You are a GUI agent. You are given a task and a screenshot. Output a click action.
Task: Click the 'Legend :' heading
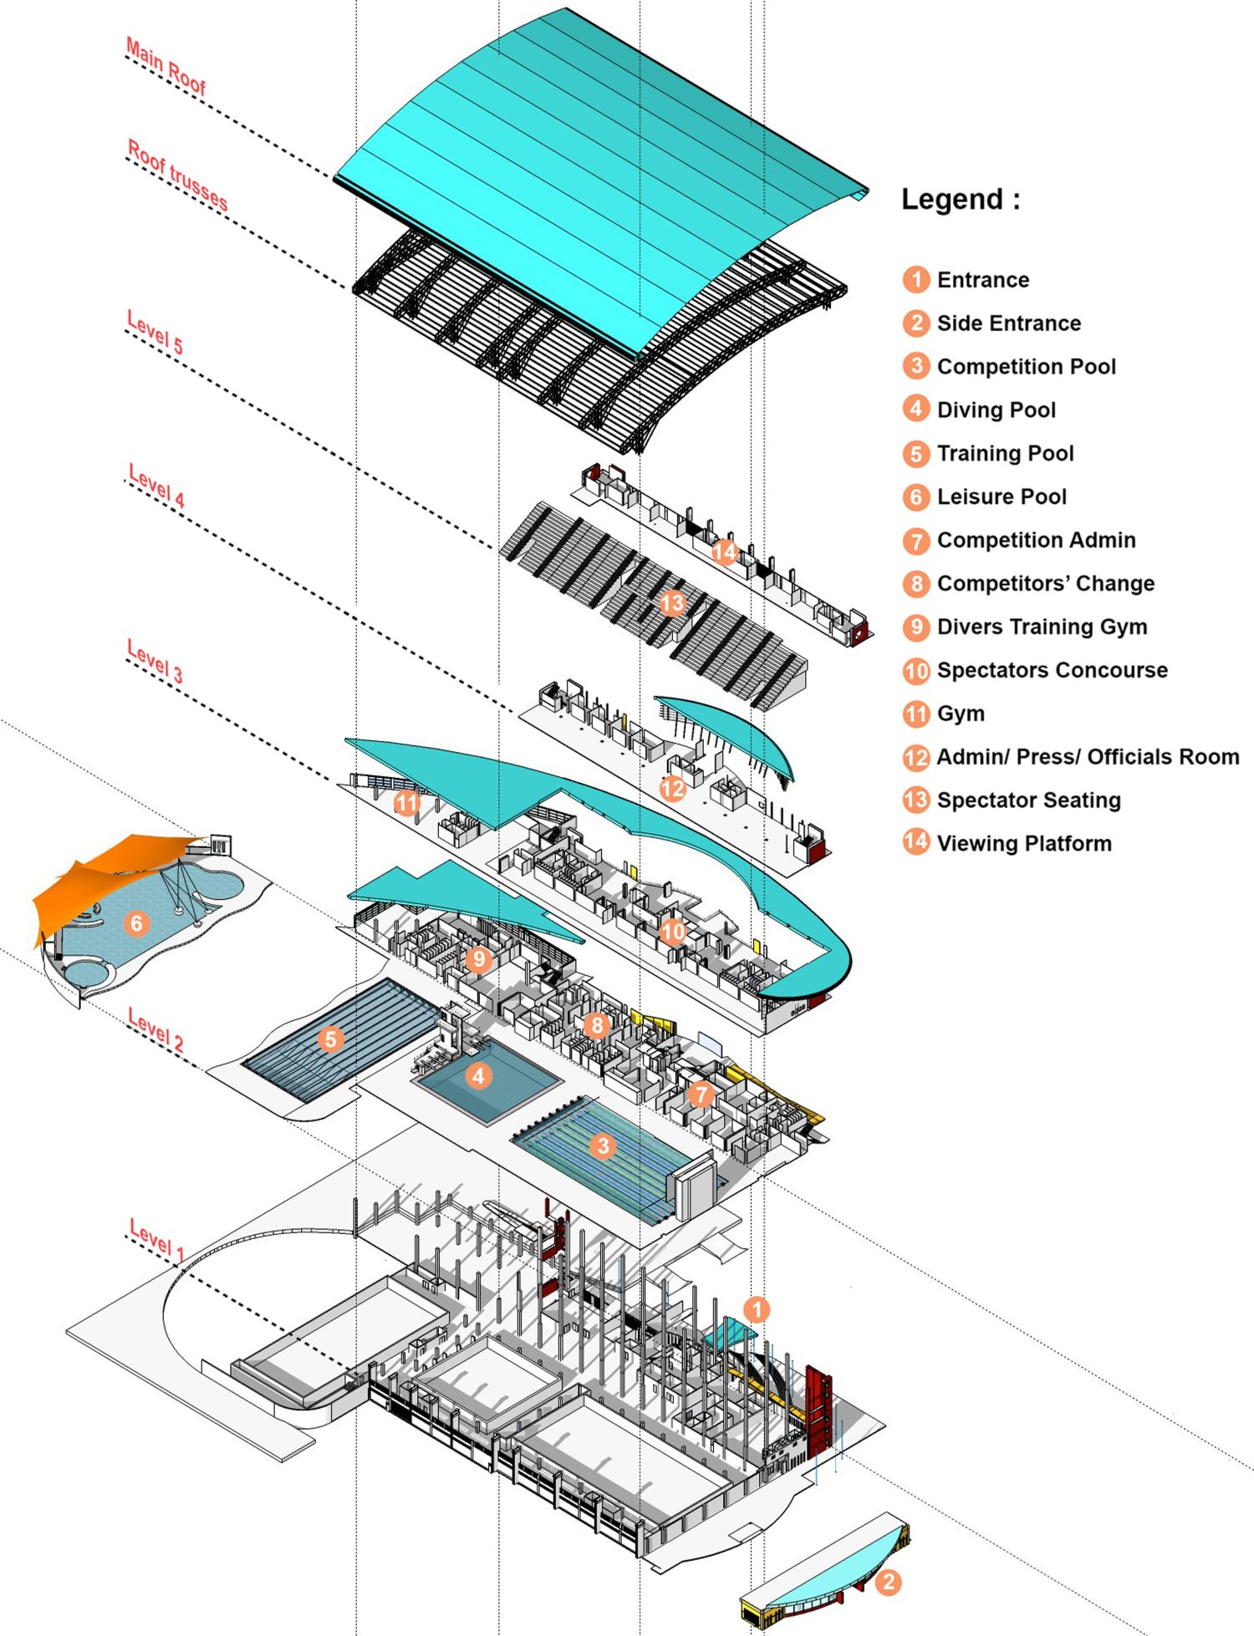[961, 200]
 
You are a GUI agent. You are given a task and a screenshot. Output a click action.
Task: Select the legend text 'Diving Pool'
[997, 409]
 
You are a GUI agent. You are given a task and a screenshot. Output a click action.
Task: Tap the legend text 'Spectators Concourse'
[1053, 670]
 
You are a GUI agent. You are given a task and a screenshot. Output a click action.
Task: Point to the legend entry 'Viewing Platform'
[1024, 843]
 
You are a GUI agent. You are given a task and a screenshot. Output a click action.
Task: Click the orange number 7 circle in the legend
[916, 541]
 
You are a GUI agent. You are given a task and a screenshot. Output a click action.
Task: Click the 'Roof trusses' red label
[176, 174]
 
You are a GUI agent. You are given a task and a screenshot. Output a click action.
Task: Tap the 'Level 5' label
[155, 332]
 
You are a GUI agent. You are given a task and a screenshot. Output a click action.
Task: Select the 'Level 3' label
[155, 660]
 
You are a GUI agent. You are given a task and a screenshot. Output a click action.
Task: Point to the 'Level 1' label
[156, 1239]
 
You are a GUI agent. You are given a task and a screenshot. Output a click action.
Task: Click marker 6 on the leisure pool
[136, 922]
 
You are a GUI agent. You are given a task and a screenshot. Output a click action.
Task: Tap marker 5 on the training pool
[330, 1039]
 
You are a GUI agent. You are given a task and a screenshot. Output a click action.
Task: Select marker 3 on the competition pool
[603, 1146]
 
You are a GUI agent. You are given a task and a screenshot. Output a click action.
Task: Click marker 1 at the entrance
[756, 1309]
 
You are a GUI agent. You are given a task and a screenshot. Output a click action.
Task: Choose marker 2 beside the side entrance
[888, 1582]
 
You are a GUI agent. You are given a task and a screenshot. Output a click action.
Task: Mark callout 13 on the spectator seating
[671, 603]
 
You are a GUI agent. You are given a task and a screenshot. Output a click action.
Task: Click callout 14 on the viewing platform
[724, 551]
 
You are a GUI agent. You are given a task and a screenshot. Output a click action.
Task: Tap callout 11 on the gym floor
[406, 803]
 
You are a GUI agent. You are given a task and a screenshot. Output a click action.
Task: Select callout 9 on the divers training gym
[478, 958]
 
